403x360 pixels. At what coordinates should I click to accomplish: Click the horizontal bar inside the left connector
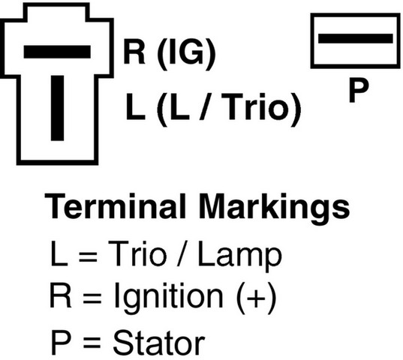point(57,52)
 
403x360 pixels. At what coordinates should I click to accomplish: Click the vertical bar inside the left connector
point(57,108)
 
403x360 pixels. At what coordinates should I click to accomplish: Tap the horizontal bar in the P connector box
point(356,38)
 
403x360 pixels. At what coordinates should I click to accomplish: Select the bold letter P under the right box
point(359,90)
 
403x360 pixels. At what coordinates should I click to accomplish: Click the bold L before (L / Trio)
point(135,107)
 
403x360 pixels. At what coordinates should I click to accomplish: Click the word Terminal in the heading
point(115,205)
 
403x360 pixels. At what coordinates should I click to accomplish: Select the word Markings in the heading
point(274,208)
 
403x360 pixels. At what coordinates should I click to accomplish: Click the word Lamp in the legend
point(239,256)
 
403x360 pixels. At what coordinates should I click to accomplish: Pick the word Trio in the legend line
point(137,253)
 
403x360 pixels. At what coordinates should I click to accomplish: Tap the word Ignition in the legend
point(169,297)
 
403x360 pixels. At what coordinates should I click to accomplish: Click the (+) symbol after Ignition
point(256,298)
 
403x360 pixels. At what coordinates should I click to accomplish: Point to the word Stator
point(159,342)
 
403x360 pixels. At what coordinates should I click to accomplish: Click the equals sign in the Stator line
point(92,343)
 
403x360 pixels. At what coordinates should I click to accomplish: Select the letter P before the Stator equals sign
point(61,342)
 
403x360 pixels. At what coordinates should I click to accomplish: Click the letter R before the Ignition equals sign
point(60,295)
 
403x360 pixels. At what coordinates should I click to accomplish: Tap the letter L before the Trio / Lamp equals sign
point(59,253)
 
